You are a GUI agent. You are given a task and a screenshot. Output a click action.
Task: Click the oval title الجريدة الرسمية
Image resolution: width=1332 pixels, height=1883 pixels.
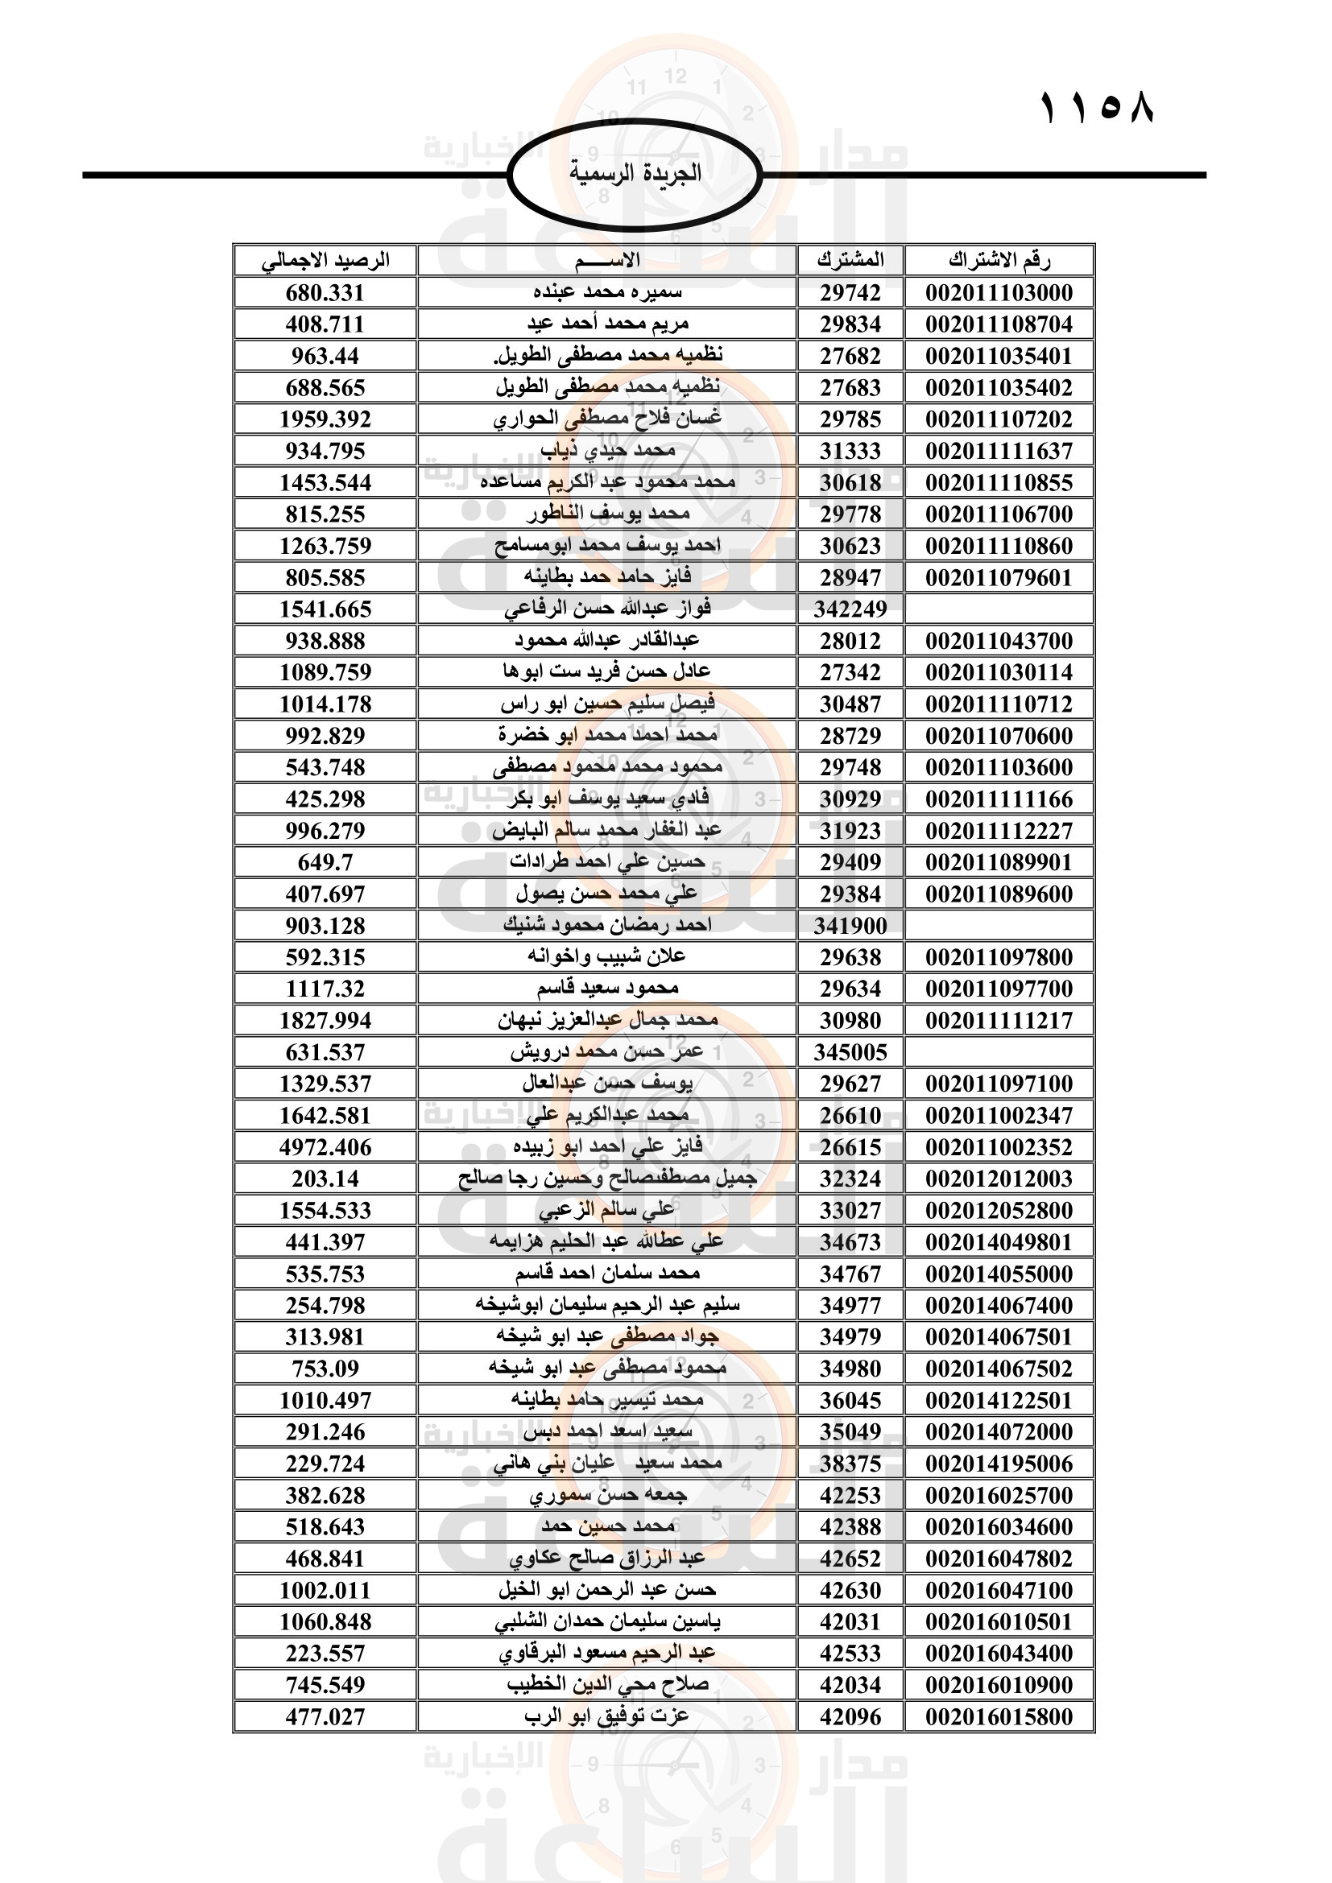pos(635,173)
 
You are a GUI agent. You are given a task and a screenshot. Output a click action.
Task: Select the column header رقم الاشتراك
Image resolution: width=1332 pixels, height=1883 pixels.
pos(999,261)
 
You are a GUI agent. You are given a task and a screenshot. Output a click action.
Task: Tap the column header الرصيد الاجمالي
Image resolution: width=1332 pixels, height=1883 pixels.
pos(325,261)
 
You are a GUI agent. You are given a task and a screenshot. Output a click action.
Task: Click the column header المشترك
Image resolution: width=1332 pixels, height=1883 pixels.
pos(850,261)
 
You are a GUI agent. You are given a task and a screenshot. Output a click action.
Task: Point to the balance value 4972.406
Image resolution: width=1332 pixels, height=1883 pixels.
pos(325,1147)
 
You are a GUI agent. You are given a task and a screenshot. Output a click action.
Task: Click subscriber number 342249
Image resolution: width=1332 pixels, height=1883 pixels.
pos(850,609)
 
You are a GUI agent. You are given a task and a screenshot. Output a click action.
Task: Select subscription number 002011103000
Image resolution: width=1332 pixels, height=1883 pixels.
pos(999,293)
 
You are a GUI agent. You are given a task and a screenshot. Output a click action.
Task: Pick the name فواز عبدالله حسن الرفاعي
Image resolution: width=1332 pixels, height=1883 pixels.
pos(607,609)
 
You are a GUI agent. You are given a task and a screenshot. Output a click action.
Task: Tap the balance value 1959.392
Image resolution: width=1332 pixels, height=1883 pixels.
pos(325,419)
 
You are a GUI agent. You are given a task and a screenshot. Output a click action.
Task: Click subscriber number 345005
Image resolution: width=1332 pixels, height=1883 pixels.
pos(850,1052)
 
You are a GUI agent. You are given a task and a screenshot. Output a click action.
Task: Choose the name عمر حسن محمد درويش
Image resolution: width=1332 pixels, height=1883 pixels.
pos(607,1052)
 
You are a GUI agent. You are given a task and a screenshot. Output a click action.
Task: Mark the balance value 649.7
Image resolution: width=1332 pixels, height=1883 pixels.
pos(325,863)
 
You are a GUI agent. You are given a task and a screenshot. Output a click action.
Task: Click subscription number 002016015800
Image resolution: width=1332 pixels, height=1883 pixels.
pos(999,1716)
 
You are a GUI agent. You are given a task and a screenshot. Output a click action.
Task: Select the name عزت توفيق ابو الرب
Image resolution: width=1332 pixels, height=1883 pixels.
pos(607,1716)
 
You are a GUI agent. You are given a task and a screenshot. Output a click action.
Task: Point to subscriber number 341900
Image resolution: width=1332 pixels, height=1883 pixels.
pos(850,926)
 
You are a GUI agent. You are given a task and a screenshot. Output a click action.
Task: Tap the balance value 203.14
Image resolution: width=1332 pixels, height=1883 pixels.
pos(325,1179)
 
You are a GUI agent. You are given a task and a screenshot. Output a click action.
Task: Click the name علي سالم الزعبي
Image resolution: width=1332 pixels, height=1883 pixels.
pos(607,1211)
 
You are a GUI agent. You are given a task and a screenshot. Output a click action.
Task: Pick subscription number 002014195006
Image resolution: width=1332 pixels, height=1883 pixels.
pos(999,1464)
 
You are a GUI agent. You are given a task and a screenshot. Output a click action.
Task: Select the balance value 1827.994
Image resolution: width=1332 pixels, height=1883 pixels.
pos(325,1021)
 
